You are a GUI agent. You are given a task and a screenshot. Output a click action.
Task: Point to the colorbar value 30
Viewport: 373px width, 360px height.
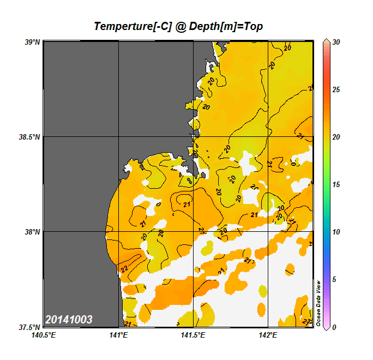pyautogui.click(x=336, y=41)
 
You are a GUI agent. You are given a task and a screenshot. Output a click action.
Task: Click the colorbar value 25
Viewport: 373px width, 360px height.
pyautogui.click(x=336, y=89)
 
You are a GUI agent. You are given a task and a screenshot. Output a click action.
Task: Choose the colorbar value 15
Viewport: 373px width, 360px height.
pyautogui.click(x=336, y=184)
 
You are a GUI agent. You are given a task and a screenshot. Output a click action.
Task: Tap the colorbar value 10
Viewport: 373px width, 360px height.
pyautogui.click(x=336, y=232)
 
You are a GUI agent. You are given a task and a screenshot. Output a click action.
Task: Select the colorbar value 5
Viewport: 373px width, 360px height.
pyautogui.click(x=334, y=279)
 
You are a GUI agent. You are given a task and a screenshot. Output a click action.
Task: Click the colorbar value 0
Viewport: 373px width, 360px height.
pyautogui.click(x=334, y=327)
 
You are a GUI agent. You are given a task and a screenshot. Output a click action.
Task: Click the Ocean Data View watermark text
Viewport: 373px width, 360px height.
pyautogui.click(x=319, y=303)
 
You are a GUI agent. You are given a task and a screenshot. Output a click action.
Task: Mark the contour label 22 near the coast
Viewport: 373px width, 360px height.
pyautogui.click(x=124, y=268)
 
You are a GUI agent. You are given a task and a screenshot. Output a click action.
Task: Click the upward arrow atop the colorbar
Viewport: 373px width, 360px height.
pyautogui.click(x=326, y=41)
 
